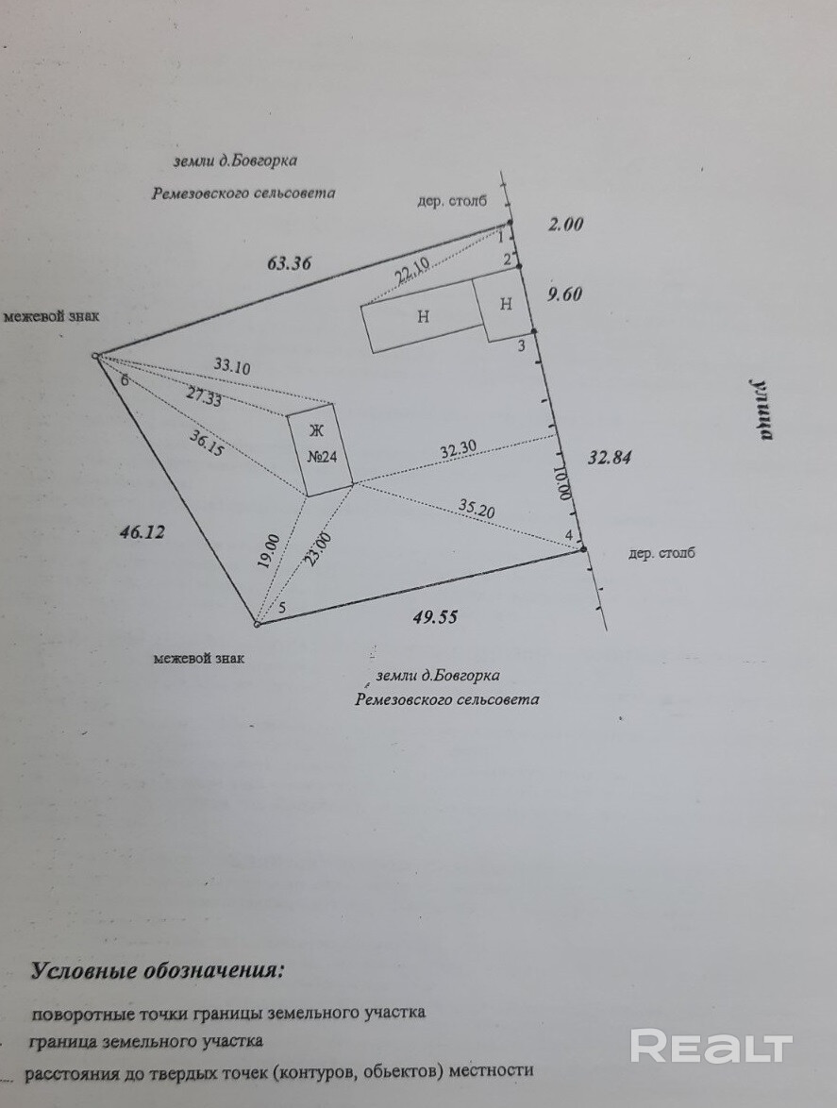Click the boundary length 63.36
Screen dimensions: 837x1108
[x=289, y=263]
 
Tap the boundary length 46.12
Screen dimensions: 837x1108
[x=142, y=532]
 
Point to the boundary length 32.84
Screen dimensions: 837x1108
[x=609, y=459]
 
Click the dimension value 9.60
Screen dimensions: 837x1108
[x=565, y=294]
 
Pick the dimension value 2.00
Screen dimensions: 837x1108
[x=566, y=225]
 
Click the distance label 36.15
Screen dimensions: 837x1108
[x=207, y=443]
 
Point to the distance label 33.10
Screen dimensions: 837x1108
[x=232, y=366]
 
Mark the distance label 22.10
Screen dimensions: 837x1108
[x=412, y=270]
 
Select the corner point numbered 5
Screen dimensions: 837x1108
[x=257, y=623]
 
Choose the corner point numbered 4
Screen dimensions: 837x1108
[x=582, y=547]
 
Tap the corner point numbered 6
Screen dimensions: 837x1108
[x=97, y=357]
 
